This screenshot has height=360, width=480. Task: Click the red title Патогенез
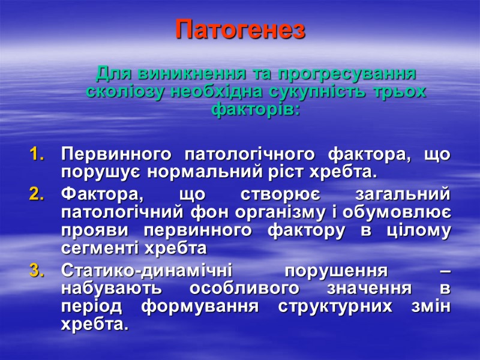point(240,29)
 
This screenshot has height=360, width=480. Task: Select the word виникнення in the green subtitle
point(191,74)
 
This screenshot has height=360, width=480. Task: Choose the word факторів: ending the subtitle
point(256,110)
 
